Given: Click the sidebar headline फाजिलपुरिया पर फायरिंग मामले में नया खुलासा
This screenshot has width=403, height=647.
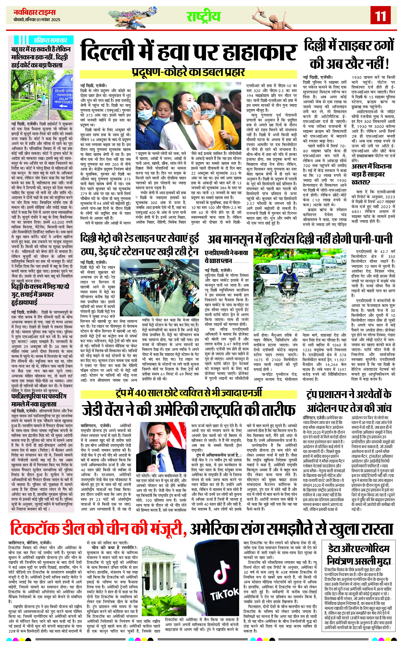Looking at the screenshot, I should tap(40, 400).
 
